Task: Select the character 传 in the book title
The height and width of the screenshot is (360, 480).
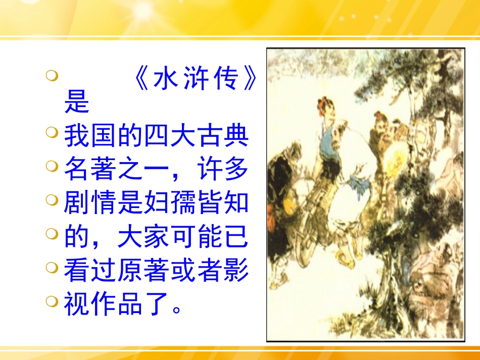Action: pos(224,79)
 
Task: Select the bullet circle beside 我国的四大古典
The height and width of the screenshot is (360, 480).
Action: pos(51,133)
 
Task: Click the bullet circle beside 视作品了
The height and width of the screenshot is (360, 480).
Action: pos(51,302)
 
